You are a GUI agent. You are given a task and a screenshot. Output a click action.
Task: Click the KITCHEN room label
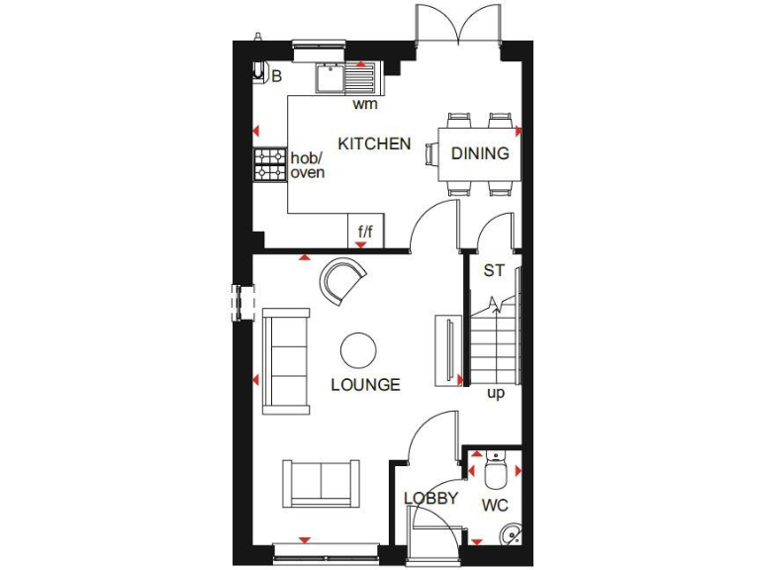[x=374, y=143]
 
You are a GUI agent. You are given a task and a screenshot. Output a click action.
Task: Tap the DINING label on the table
[x=480, y=153]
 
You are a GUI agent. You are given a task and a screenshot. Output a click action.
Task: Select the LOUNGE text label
[x=365, y=384]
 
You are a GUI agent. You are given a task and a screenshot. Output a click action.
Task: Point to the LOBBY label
[x=430, y=499]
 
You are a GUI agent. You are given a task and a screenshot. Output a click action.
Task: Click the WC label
[x=495, y=506]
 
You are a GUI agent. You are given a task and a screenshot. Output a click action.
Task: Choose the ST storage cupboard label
[x=494, y=270]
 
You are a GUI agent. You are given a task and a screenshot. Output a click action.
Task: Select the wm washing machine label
[x=364, y=103]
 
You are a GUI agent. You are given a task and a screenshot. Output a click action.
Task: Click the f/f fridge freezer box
[x=365, y=233]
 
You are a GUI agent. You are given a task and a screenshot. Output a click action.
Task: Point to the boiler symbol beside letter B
[x=259, y=72]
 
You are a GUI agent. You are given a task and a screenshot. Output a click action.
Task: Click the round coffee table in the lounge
[x=357, y=349]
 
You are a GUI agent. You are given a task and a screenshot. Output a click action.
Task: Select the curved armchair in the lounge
[x=342, y=278]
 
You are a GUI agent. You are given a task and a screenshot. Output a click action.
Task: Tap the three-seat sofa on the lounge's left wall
[x=285, y=360]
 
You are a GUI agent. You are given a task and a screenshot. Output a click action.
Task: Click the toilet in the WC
[x=497, y=468]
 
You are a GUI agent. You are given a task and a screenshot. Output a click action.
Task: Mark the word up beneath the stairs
[x=496, y=393]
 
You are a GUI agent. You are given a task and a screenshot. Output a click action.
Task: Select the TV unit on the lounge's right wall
[x=447, y=348]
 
